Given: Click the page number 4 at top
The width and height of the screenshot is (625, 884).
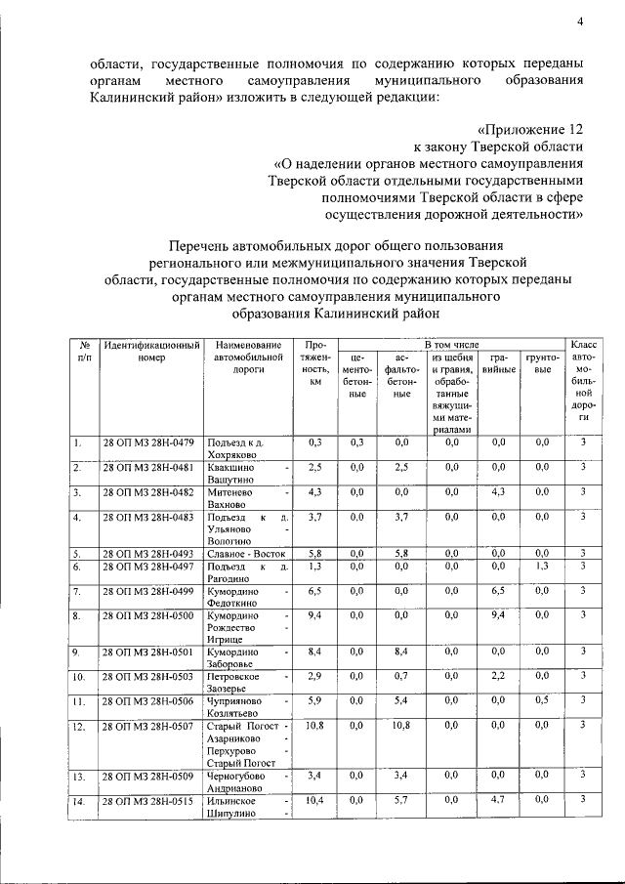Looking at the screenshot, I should (579, 22).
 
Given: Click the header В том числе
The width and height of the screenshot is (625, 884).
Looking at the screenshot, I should (451, 346).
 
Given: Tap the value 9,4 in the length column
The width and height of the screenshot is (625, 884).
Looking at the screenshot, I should (314, 615).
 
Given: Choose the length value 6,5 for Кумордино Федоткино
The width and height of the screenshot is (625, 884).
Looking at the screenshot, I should (314, 591).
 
